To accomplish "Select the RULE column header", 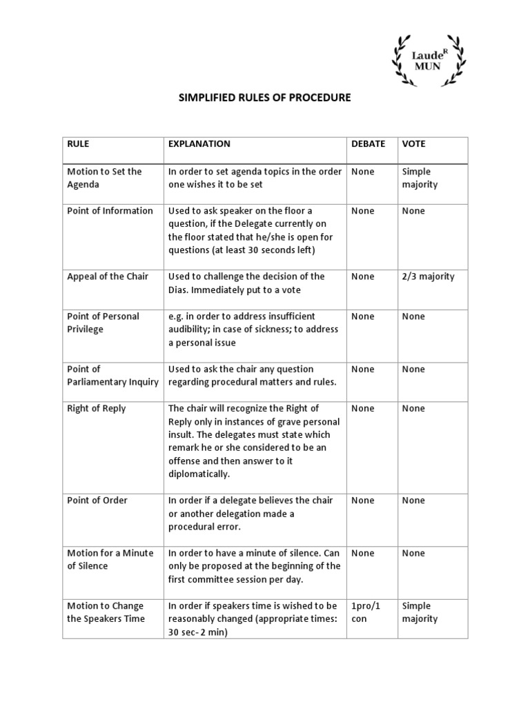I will [78, 144].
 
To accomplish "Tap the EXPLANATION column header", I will [199, 144].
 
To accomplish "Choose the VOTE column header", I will [413, 144].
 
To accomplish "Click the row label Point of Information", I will [110, 211].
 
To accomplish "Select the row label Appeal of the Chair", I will [108, 276].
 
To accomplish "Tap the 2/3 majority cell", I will [428, 276].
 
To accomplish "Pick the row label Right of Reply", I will [97, 409].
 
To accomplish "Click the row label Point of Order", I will [97, 501].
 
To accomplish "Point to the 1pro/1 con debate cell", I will [366, 612].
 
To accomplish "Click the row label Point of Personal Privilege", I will [103, 323].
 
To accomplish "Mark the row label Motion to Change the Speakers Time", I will [106, 612].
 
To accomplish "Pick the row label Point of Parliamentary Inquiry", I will [112, 376].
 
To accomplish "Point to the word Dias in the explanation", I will [179, 290].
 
